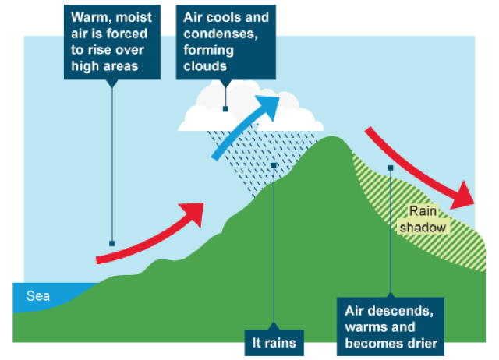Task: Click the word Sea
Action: click(38, 296)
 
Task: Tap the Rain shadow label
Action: click(423, 219)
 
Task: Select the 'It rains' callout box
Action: click(274, 343)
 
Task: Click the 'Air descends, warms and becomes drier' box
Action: click(391, 326)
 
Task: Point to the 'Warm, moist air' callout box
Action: click(112, 42)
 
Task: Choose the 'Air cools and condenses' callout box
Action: click(226, 42)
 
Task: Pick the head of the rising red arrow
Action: click(193, 214)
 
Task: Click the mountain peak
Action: click(333, 137)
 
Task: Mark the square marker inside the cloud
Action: click(225, 109)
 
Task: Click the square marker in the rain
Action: click(274, 165)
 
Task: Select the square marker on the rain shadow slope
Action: click(391, 168)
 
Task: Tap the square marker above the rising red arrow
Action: click(112, 244)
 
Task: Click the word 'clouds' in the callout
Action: click(205, 66)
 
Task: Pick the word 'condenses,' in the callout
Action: click(221, 34)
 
